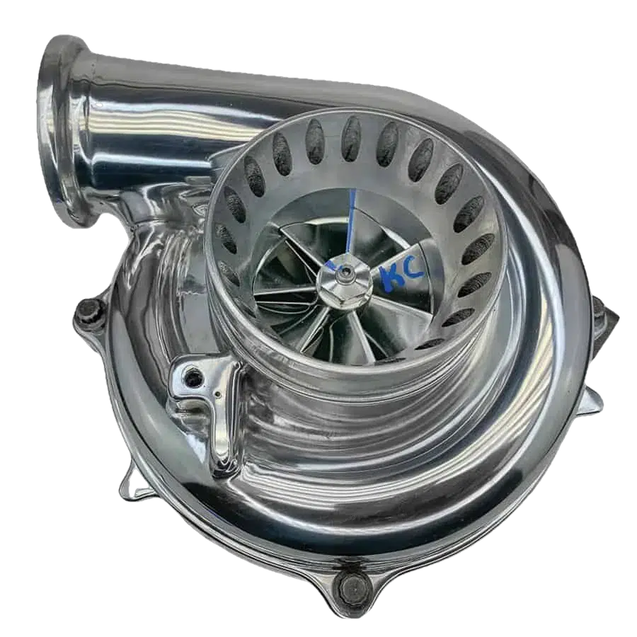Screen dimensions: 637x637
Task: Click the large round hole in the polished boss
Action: tap(193, 379)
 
